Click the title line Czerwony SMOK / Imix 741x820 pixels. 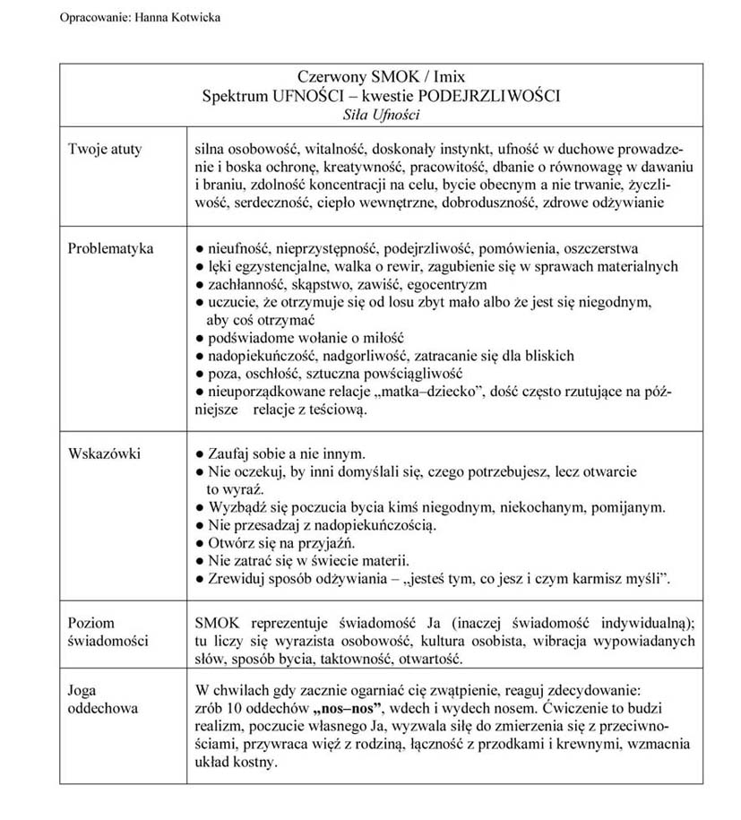381,79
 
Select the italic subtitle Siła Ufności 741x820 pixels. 381,115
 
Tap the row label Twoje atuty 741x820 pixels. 105,149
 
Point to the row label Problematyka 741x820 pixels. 111,248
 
